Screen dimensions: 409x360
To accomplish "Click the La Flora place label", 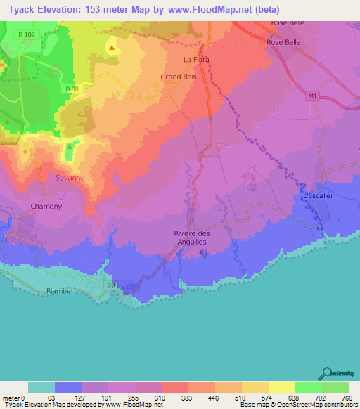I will (x=196, y=60).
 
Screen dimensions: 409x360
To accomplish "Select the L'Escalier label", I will (x=318, y=196).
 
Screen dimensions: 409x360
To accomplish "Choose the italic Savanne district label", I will (x=70, y=178).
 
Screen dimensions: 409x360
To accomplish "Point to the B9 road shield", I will (x=110, y=285).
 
